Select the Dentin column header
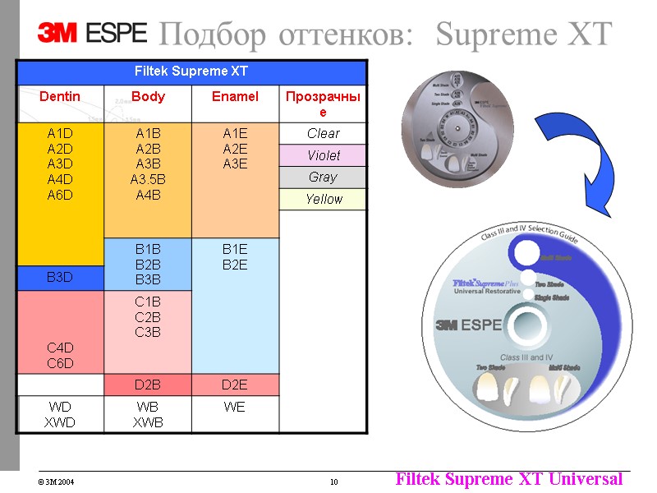[x=60, y=97]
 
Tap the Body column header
[x=148, y=97]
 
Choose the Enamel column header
[x=235, y=97]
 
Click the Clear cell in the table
[x=323, y=133]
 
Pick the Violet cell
[x=323, y=155]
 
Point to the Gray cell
[x=323, y=177]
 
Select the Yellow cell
[x=323, y=199]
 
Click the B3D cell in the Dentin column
[x=60, y=277]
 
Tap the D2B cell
[x=148, y=385]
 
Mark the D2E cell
[x=235, y=385]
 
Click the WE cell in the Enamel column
[x=235, y=407]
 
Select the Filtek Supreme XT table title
[x=191, y=71]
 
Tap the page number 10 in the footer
[x=334, y=481]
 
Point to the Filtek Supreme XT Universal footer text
[x=508, y=479]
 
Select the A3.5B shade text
[x=148, y=178]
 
